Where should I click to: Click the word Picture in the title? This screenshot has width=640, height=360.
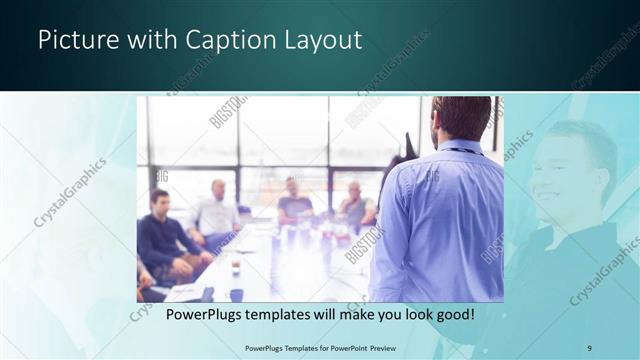72,41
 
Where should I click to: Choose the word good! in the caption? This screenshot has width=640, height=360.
453,315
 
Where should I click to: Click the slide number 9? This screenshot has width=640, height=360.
589,347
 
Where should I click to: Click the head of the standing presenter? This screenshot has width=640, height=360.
461,117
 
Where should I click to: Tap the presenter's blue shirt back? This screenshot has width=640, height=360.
440,220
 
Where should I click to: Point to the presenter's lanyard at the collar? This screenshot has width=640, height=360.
462,150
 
